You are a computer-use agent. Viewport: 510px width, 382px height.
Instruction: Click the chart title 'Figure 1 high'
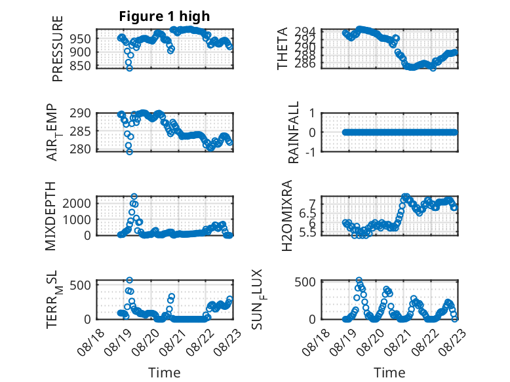coord(165,16)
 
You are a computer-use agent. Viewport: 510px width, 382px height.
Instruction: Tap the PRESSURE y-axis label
coord(57,48)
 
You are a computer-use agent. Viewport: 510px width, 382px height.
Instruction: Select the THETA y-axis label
coord(283,48)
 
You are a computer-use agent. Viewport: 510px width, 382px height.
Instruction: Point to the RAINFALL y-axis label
coord(293,132)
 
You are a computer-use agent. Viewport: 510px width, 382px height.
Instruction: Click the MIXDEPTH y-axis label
coord(50,216)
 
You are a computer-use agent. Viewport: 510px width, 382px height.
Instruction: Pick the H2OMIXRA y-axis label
coord(286,216)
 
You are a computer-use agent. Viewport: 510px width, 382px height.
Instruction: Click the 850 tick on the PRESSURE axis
coord(81,66)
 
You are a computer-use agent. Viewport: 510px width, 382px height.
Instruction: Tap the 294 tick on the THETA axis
coord(305,31)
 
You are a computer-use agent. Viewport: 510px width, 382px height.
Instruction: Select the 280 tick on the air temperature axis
coord(81,149)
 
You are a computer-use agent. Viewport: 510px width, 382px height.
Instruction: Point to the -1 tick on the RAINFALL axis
coord(310,152)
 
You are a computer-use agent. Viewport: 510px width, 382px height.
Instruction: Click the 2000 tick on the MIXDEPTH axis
coord(77,204)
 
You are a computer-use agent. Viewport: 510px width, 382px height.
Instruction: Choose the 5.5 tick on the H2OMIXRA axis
coord(307,233)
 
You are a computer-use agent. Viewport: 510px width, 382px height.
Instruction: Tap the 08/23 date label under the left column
coord(228,341)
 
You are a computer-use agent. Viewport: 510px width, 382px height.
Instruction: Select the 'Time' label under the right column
coord(389,373)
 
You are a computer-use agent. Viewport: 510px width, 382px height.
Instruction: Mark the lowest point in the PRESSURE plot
coord(129,68)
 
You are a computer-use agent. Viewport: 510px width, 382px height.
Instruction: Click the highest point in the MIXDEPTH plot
coord(134,197)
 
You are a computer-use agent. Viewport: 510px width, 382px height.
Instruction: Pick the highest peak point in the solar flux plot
coord(359,280)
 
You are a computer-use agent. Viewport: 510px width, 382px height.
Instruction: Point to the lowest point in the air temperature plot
coord(129,152)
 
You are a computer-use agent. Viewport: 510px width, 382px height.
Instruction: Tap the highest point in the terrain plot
coord(129,280)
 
